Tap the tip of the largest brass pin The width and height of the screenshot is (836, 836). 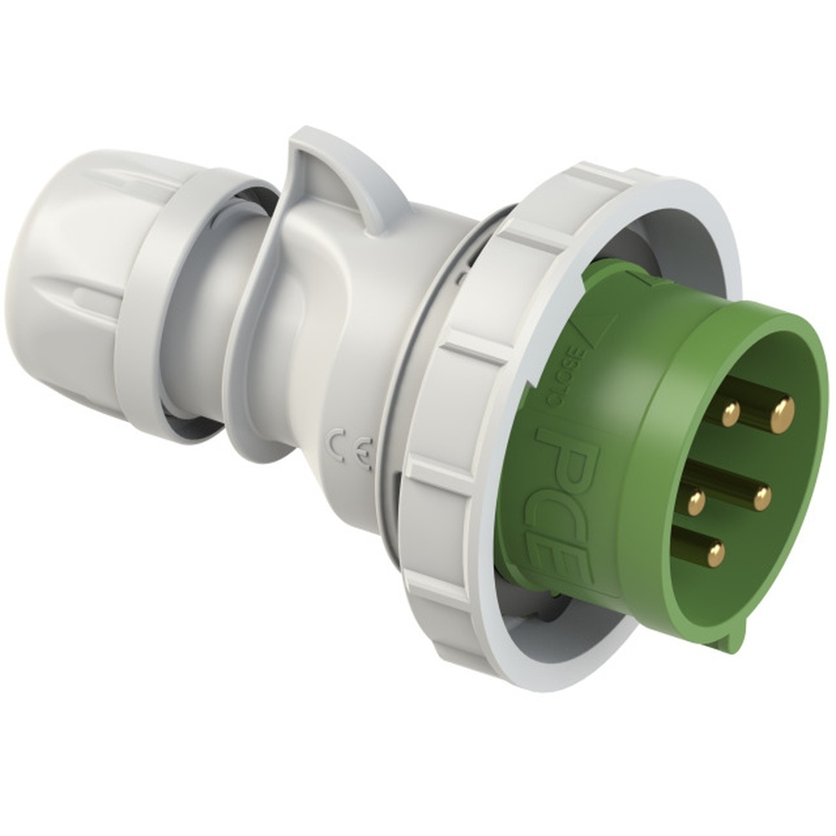(x=782, y=414)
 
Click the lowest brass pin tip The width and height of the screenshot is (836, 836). (x=715, y=553)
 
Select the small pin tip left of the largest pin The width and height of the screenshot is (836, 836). (x=730, y=411)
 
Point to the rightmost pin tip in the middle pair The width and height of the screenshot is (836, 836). (x=762, y=498)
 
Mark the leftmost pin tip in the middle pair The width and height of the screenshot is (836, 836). (x=696, y=502)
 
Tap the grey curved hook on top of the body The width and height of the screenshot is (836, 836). (x=334, y=167)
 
